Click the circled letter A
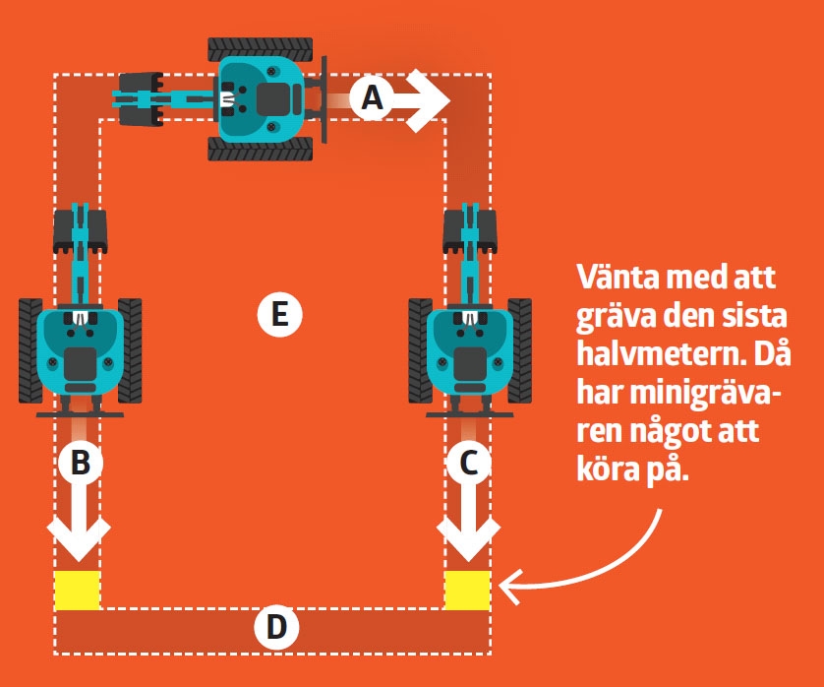372,97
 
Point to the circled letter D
276,627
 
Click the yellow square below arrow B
77,590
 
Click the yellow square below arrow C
467,590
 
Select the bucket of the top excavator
140,97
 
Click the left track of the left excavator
30,350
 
